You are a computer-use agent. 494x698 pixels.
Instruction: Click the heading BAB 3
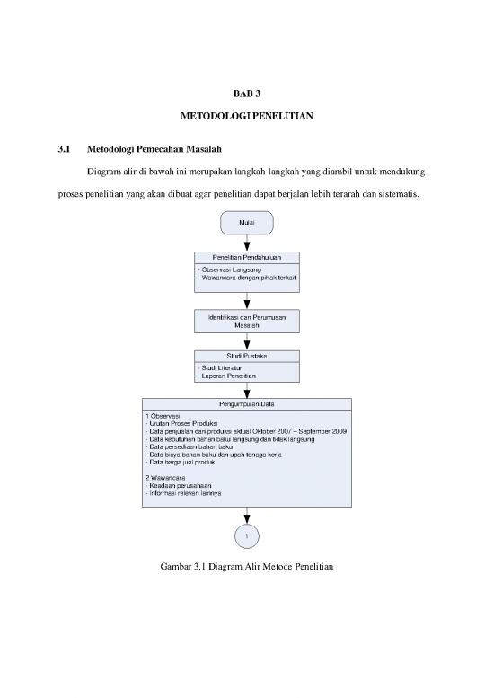247,93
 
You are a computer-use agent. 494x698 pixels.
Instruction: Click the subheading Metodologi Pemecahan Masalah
154,148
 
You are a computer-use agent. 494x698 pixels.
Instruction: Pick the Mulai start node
246,220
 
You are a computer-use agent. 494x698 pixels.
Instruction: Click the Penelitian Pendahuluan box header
246,258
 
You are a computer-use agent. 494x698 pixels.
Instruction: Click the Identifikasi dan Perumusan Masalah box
246,322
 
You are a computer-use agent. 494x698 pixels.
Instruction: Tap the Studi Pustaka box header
246,358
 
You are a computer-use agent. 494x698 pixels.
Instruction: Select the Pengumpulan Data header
246,404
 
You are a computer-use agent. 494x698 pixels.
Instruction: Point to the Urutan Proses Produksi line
184,423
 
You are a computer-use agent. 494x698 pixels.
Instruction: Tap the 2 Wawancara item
166,477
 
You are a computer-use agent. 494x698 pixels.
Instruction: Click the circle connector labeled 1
246,536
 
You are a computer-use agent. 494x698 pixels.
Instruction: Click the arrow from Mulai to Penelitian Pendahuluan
246,243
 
